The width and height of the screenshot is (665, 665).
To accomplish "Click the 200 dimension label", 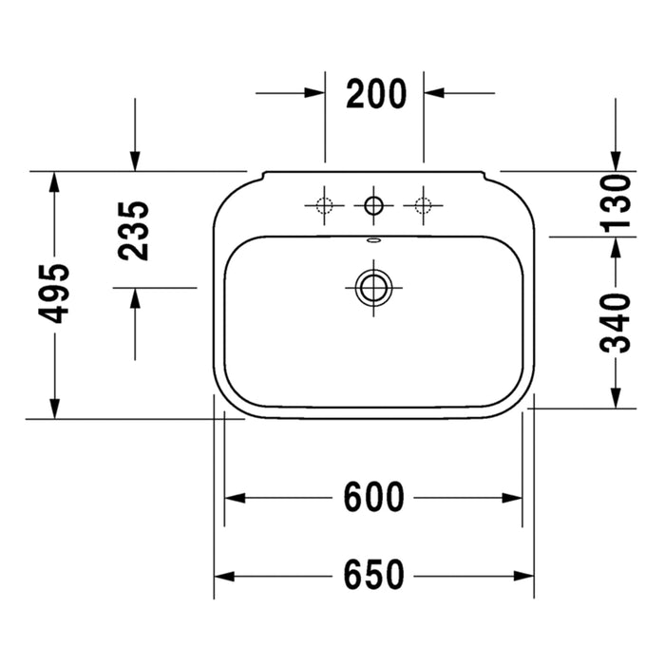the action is pyautogui.click(x=376, y=94).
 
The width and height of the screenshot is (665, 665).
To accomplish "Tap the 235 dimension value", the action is pyautogui.click(x=134, y=231).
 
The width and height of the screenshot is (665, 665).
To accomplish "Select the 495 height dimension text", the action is pyautogui.click(x=53, y=294).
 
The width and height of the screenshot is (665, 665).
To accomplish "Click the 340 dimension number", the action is pyautogui.click(x=616, y=323).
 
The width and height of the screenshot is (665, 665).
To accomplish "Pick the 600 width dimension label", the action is pyautogui.click(x=373, y=497).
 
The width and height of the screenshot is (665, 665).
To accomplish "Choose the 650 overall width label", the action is pyautogui.click(x=373, y=575).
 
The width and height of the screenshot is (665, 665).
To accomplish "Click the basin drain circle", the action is pyautogui.click(x=373, y=288).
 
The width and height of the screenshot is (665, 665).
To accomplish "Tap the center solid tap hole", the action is pyautogui.click(x=373, y=206).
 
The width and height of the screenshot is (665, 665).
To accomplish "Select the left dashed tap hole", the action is pyautogui.click(x=325, y=206).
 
